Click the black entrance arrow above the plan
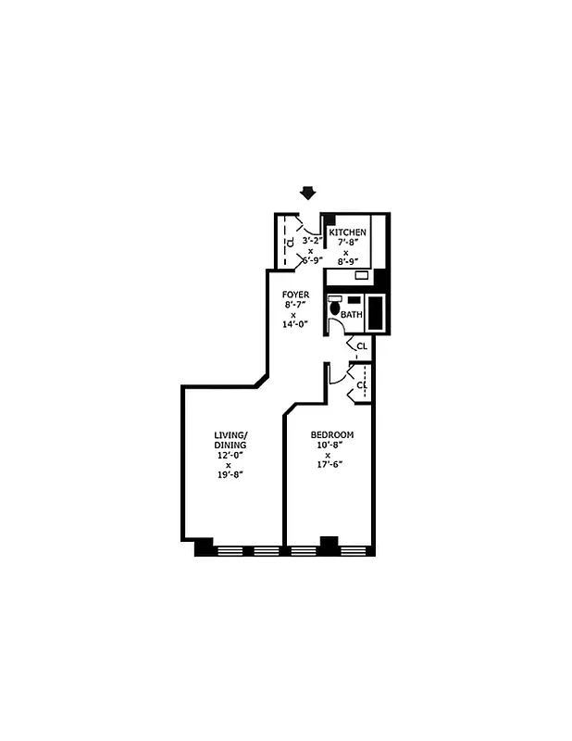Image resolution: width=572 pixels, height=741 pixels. tap(308, 193)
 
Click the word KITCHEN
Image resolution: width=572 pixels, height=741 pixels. tap(347, 232)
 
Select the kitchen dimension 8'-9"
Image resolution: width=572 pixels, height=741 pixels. tap(347, 261)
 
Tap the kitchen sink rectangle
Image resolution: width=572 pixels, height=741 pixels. tap(362, 275)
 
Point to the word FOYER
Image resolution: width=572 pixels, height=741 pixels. tap(296, 295)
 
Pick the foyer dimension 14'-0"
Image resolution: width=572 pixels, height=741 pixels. tap(296, 324)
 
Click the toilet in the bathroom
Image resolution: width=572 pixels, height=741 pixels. tap(334, 307)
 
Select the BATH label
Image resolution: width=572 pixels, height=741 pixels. tap(352, 315)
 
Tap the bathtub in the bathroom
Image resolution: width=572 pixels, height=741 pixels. tap(376, 312)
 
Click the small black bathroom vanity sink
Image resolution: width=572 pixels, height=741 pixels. tap(354, 299)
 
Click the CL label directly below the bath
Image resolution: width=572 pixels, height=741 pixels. tap(362, 346)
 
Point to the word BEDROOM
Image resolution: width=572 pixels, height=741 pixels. tap(331, 435)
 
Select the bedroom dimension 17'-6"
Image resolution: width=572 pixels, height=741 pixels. tap(331, 464)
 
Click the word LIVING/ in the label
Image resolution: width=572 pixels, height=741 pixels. tap(230, 435)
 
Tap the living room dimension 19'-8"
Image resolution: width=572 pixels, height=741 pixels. tap(230, 474)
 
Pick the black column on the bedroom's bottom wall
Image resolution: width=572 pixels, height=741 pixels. tap(329, 544)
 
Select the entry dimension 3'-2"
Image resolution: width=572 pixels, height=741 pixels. tap(311, 238)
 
